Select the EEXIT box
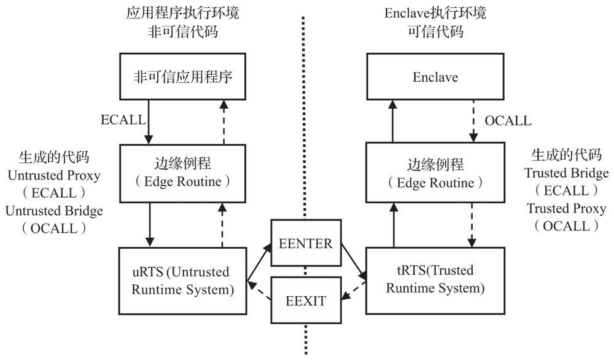pyautogui.click(x=306, y=301)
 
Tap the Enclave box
pyautogui.click(x=435, y=77)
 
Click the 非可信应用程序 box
pyautogui.click(x=184, y=77)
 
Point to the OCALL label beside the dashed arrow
pyautogui.click(x=508, y=120)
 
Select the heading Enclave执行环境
pyautogui.click(x=435, y=12)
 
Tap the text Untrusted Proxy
pyautogui.click(x=53, y=176)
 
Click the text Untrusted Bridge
pyautogui.click(x=54, y=211)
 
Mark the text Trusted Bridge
pyautogui.click(x=565, y=173)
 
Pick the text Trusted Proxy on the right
pyautogui.click(x=565, y=208)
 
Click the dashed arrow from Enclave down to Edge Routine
pyautogui.click(x=473, y=120)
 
